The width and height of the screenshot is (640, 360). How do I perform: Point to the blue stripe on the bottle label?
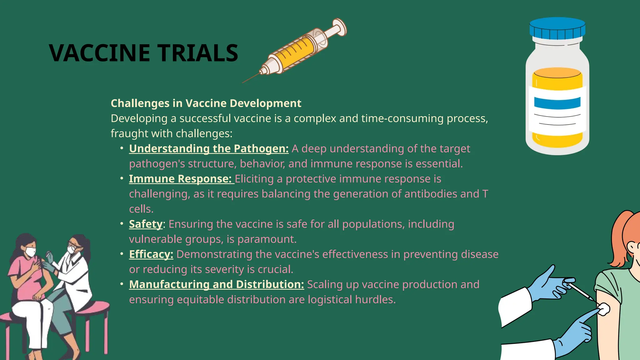coord(557,103)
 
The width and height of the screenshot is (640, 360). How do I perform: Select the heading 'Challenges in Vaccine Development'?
coord(206,103)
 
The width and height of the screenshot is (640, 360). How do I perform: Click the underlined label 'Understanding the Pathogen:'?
coord(209,148)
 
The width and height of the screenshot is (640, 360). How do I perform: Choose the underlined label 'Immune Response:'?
coord(180,179)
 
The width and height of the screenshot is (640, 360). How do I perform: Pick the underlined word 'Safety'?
coord(146,224)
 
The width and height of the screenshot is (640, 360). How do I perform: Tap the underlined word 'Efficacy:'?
coord(151,254)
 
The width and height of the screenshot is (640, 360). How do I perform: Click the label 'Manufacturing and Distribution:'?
coord(216,284)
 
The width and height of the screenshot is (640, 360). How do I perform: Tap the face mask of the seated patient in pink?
coord(31,252)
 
